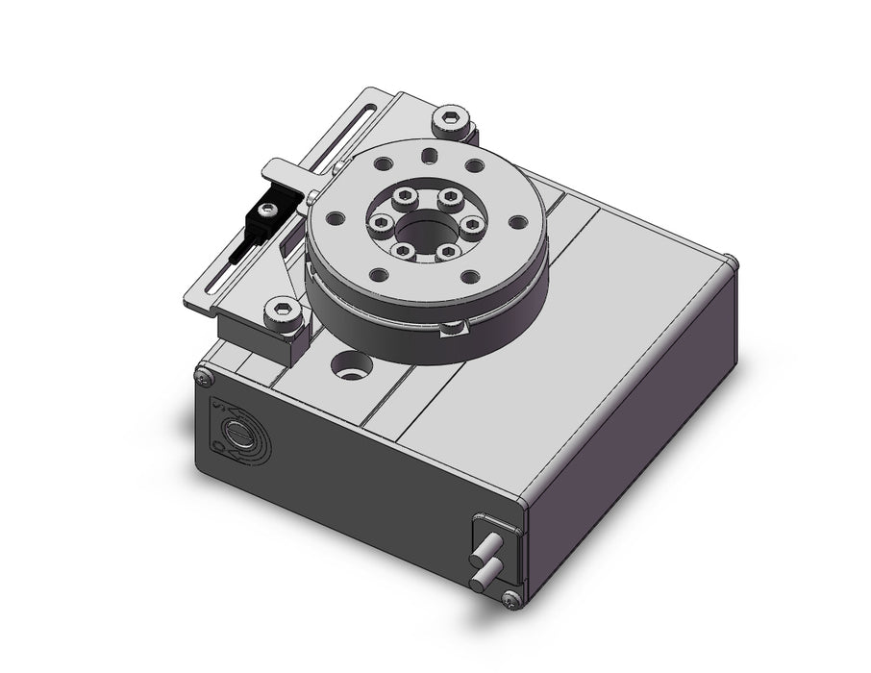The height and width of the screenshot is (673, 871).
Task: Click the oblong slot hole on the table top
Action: click(428, 154)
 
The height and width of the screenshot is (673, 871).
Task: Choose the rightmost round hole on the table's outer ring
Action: click(520, 223)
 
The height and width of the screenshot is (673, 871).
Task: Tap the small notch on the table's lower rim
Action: click(450, 330)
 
